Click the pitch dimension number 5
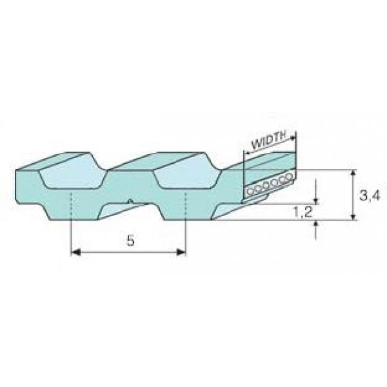pyautogui.click(x=130, y=240)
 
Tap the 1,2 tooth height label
pyautogui.click(x=303, y=212)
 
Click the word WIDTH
pyautogui.click(x=268, y=140)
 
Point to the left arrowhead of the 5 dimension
pyautogui.click(x=75, y=252)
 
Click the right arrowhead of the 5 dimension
pyautogui.click(x=181, y=252)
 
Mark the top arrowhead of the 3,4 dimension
pyautogui.click(x=353, y=173)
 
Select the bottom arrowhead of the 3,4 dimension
pyautogui.click(x=353, y=217)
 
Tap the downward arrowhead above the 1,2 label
pyautogui.click(x=316, y=201)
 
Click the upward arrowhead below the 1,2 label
pyautogui.click(x=316, y=223)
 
